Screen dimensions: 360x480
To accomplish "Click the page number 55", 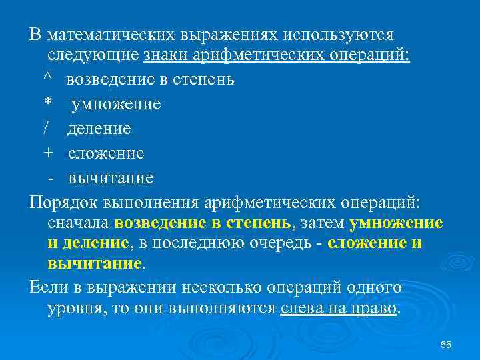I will coord(446,345).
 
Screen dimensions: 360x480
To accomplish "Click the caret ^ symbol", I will coord(47,79).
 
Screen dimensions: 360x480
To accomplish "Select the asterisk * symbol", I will coord(47,104).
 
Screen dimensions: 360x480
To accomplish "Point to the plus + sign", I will coord(47,153).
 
